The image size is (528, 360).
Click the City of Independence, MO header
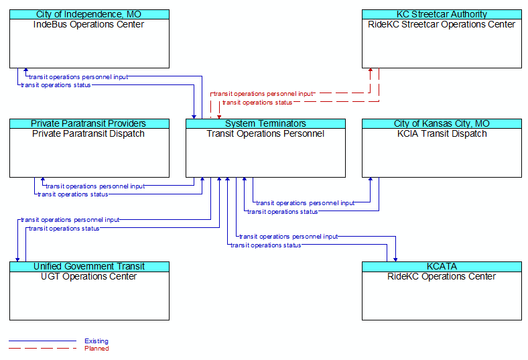click(x=88, y=15)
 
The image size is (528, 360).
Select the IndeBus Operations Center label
click(x=88, y=25)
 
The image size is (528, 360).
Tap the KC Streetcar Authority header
click(x=442, y=15)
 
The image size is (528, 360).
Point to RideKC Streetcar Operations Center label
click(x=442, y=25)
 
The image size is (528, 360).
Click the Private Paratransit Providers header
click(x=88, y=123)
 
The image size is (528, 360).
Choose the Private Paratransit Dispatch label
click(x=88, y=133)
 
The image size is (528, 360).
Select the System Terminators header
click(x=265, y=123)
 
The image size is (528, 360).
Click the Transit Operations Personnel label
click(x=265, y=133)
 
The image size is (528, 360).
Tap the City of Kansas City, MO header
click(x=442, y=123)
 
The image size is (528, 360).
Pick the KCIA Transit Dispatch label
click(x=442, y=133)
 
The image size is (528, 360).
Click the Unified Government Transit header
click(x=89, y=266)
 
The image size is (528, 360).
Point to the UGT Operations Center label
click(x=88, y=276)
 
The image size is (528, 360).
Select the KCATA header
click(x=442, y=266)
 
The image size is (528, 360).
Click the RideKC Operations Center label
click(x=442, y=276)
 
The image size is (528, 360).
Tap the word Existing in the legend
click(x=96, y=341)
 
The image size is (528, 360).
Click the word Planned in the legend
click(x=96, y=348)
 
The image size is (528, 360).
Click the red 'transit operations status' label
click(x=257, y=103)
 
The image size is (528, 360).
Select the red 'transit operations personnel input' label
click(x=263, y=94)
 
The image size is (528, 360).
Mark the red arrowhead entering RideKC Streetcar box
click(x=371, y=70)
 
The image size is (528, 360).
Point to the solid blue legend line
click(x=42, y=341)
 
